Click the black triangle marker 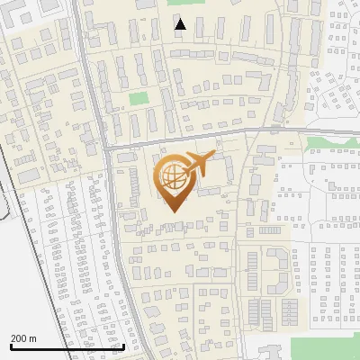(181, 24)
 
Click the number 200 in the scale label (18, 338)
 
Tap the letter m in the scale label (32, 338)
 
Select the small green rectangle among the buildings (138, 99)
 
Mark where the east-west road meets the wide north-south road (106, 146)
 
